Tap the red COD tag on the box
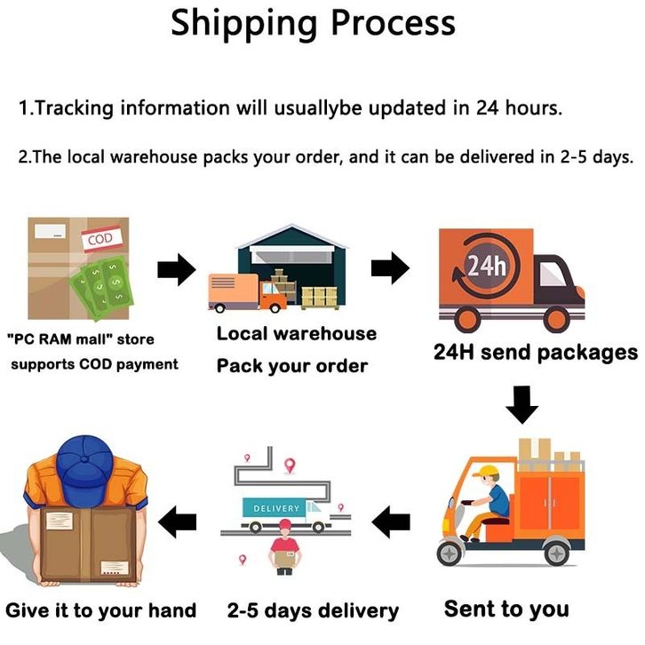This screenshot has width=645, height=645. tap(98, 241)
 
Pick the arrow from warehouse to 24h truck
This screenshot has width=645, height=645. tap(389, 267)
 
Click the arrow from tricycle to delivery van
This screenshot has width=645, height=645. tap(391, 522)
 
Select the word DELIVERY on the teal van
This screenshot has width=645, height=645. tap(277, 508)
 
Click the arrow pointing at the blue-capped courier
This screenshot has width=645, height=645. tap(182, 521)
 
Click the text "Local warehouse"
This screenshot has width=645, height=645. tap(297, 334)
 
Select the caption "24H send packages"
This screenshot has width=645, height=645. tap(535, 352)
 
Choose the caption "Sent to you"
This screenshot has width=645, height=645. tap(506, 609)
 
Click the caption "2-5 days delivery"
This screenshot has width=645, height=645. tap(313, 610)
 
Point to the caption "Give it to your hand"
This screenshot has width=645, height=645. tap(100, 610)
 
